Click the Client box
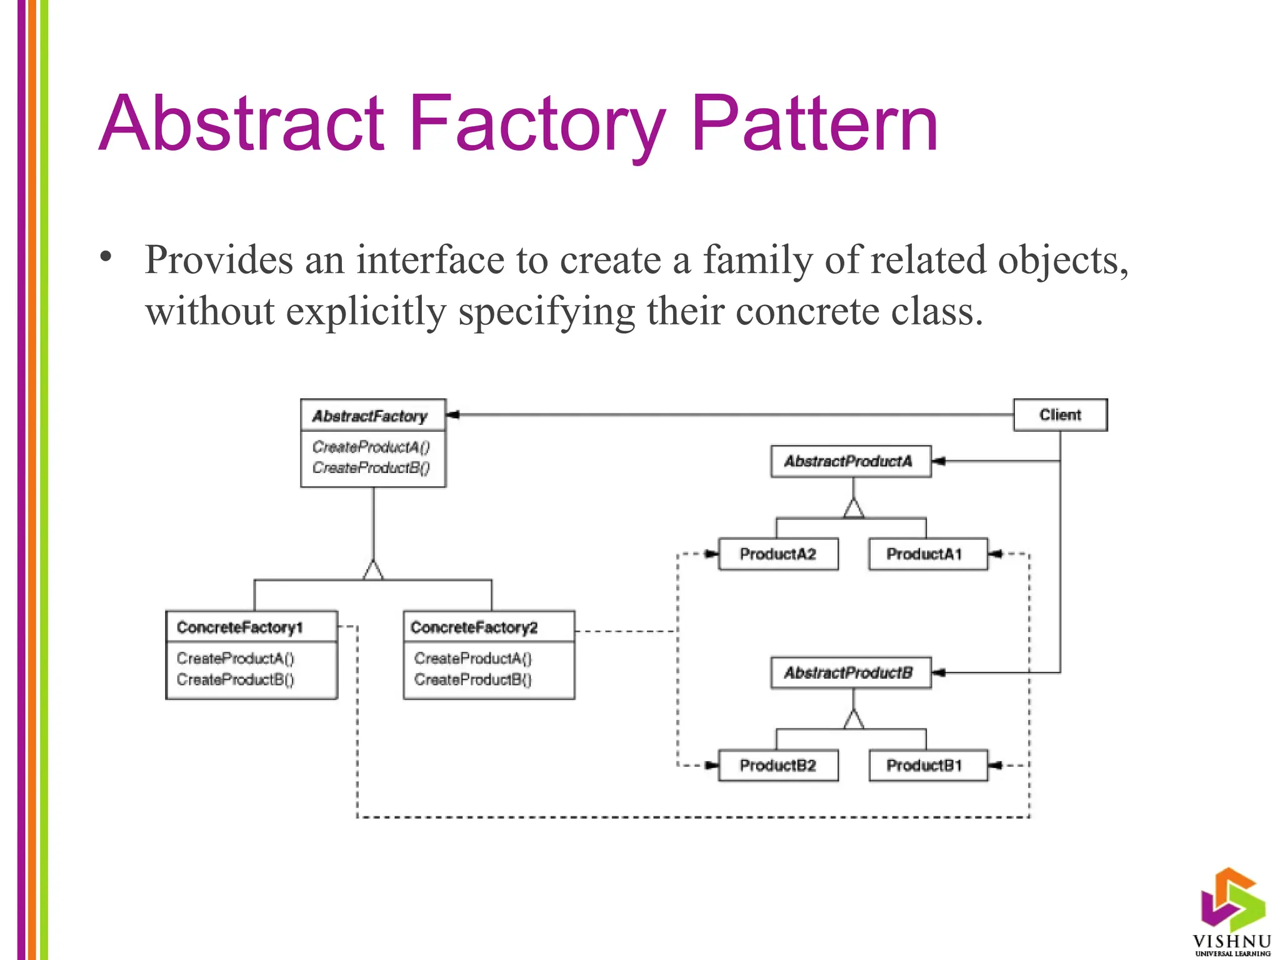(x=1060, y=415)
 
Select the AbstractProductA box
(x=850, y=461)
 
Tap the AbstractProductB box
(x=850, y=672)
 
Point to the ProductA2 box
(x=778, y=554)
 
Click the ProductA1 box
(x=927, y=554)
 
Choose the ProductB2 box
(x=778, y=765)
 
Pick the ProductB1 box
(x=927, y=765)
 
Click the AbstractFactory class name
(x=370, y=416)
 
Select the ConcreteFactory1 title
(x=240, y=627)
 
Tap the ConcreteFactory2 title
(x=474, y=627)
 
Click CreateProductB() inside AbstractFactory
(x=371, y=467)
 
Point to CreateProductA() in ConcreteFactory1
(x=236, y=658)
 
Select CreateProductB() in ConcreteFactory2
(x=473, y=679)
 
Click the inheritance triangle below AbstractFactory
(x=373, y=571)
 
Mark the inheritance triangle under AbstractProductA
(x=854, y=508)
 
